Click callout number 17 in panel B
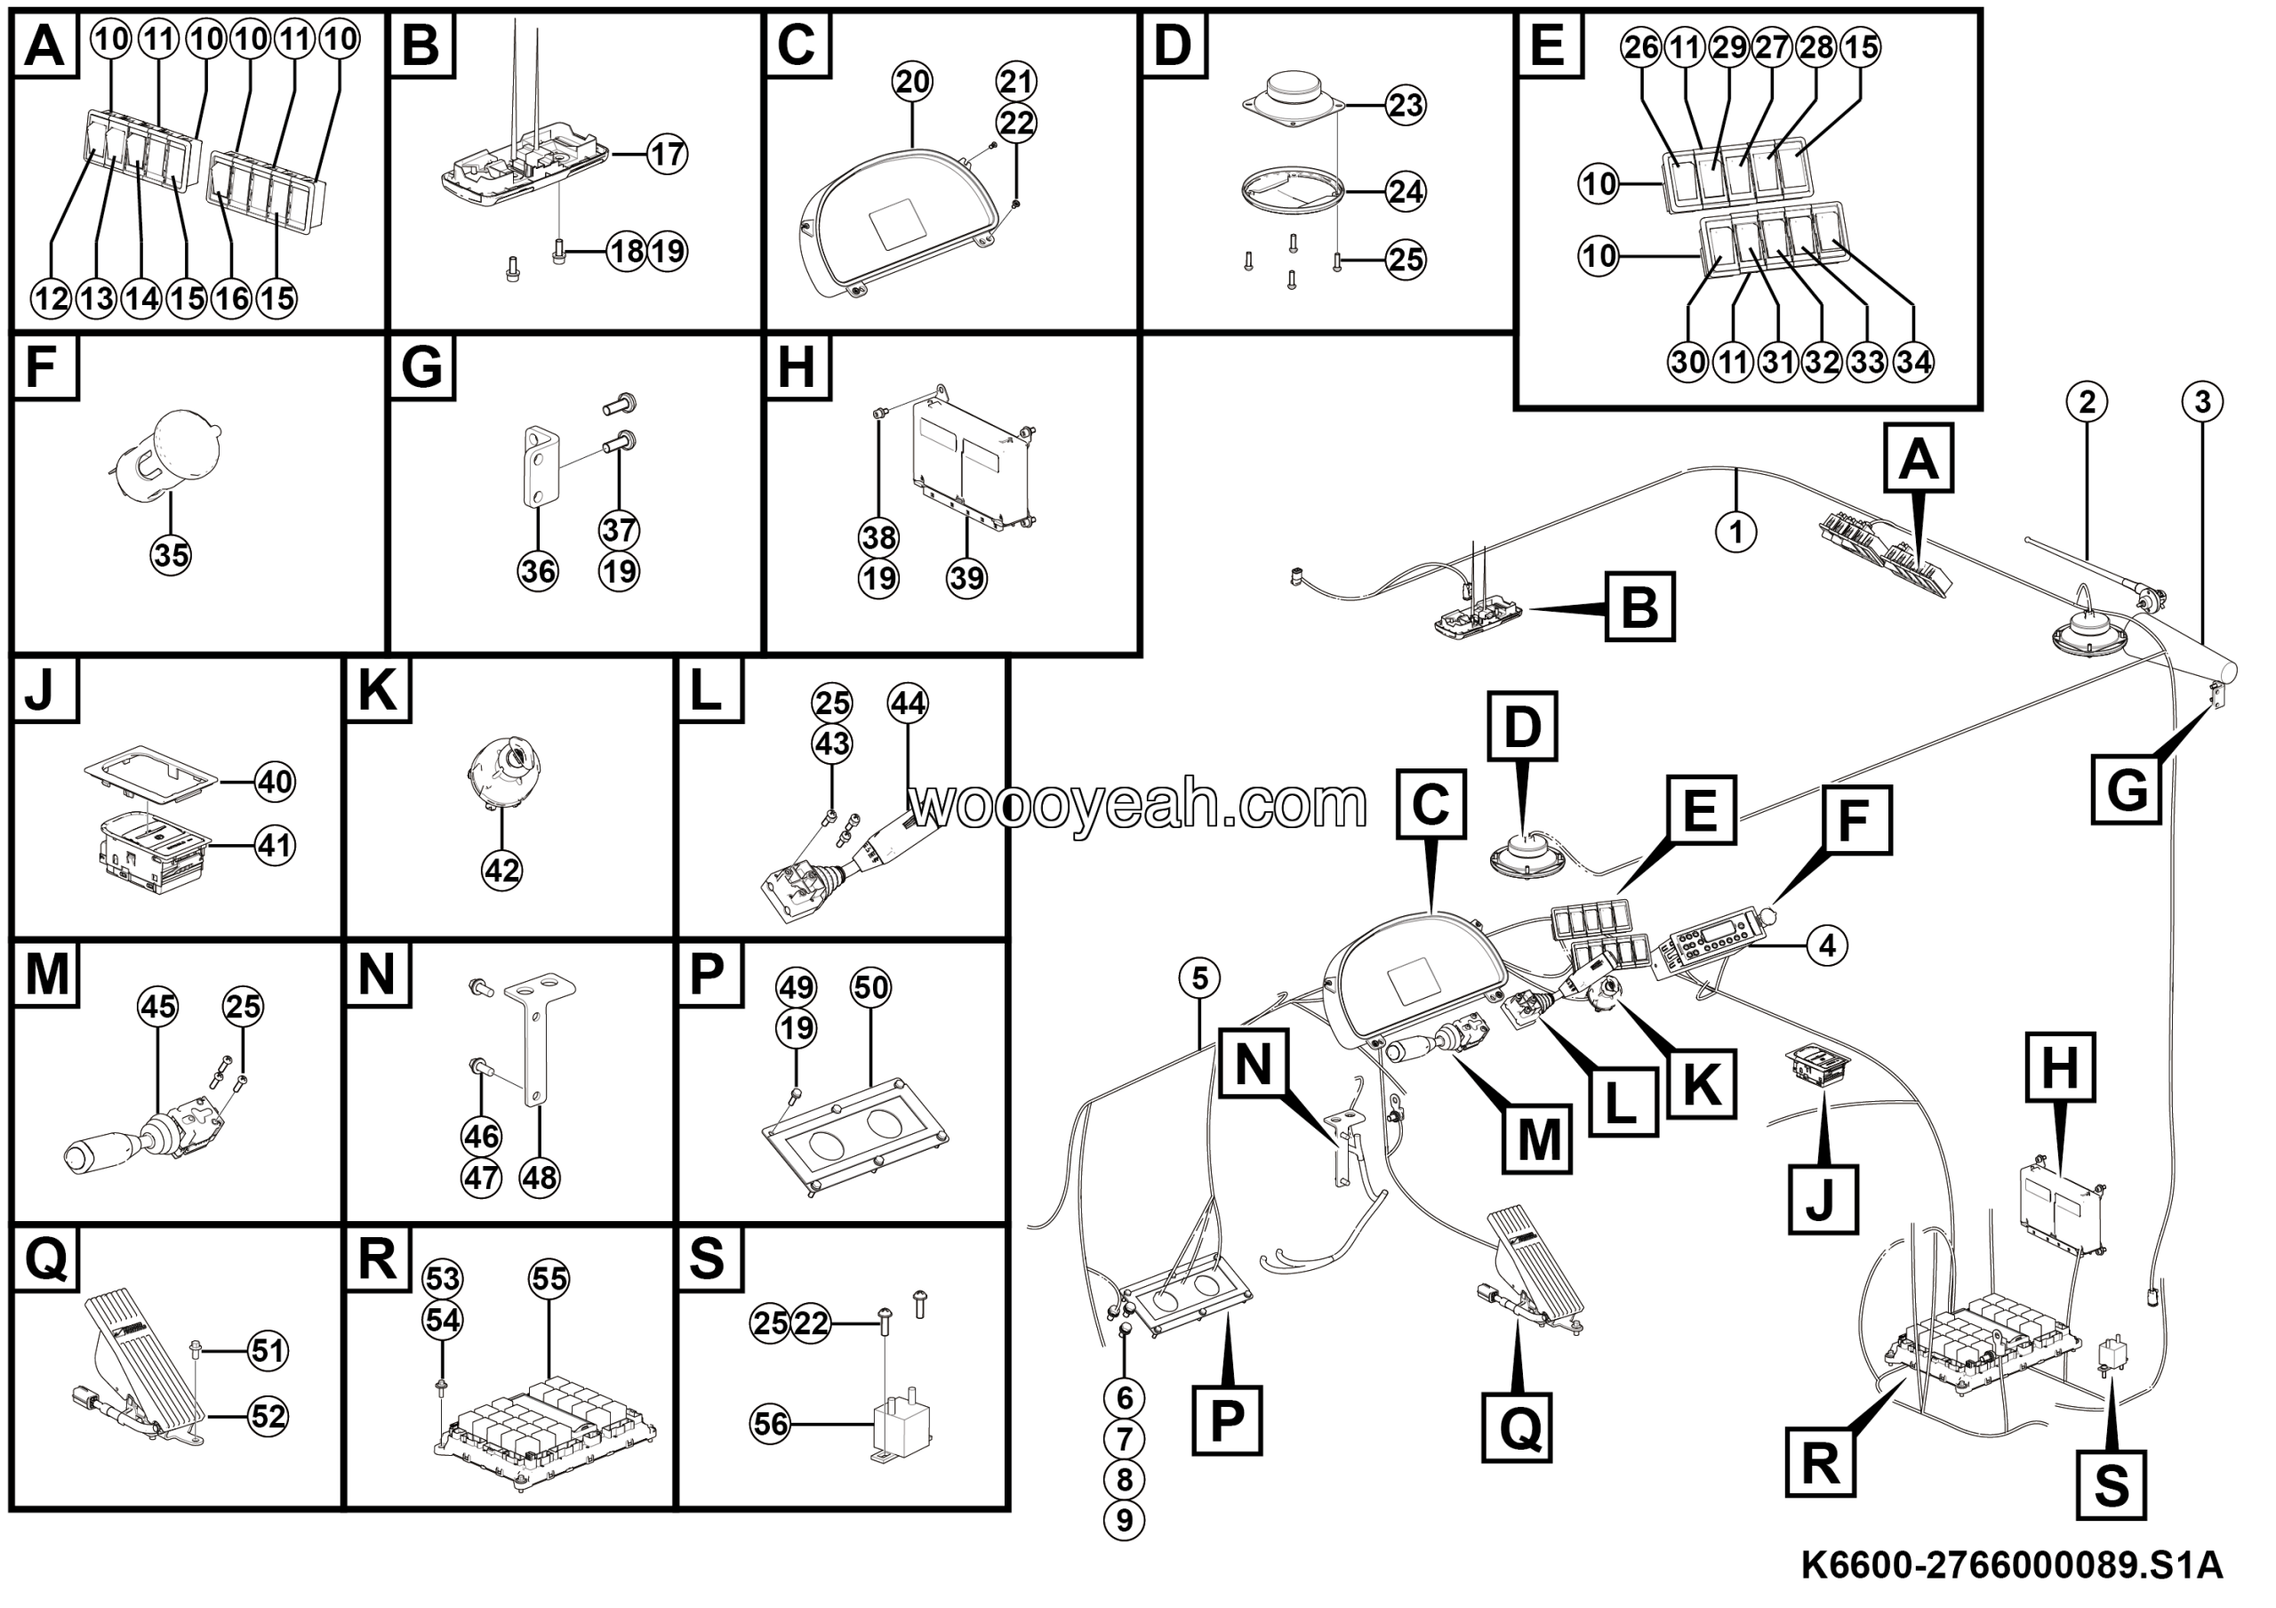(667, 154)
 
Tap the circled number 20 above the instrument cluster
(912, 81)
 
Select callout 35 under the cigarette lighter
(171, 555)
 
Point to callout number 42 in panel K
(501, 870)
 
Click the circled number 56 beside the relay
(770, 1425)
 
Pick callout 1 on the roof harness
(1735, 533)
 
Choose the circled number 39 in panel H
(966, 577)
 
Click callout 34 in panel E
(1913, 362)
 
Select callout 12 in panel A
(51, 299)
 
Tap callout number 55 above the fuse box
(549, 1279)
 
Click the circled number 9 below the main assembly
(1123, 1520)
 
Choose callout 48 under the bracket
(540, 1178)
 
